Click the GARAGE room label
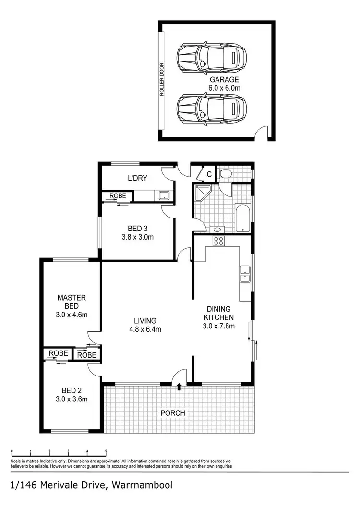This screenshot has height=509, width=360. coord(223,80)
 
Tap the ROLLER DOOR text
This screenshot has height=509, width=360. coord(162,80)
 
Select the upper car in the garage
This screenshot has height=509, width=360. coord(211,58)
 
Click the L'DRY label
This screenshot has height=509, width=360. coord(137,179)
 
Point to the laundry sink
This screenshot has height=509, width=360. coord(164,195)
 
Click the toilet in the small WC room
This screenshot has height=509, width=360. coord(224,173)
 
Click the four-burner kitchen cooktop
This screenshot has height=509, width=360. coord(218,241)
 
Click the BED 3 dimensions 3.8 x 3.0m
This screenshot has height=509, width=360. coord(137,237)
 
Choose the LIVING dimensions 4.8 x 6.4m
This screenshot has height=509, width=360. coord(145,329)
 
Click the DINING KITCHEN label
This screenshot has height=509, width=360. coord(219,313)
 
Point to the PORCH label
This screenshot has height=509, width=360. coord(173,413)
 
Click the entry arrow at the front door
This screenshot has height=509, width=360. coord(180,386)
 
